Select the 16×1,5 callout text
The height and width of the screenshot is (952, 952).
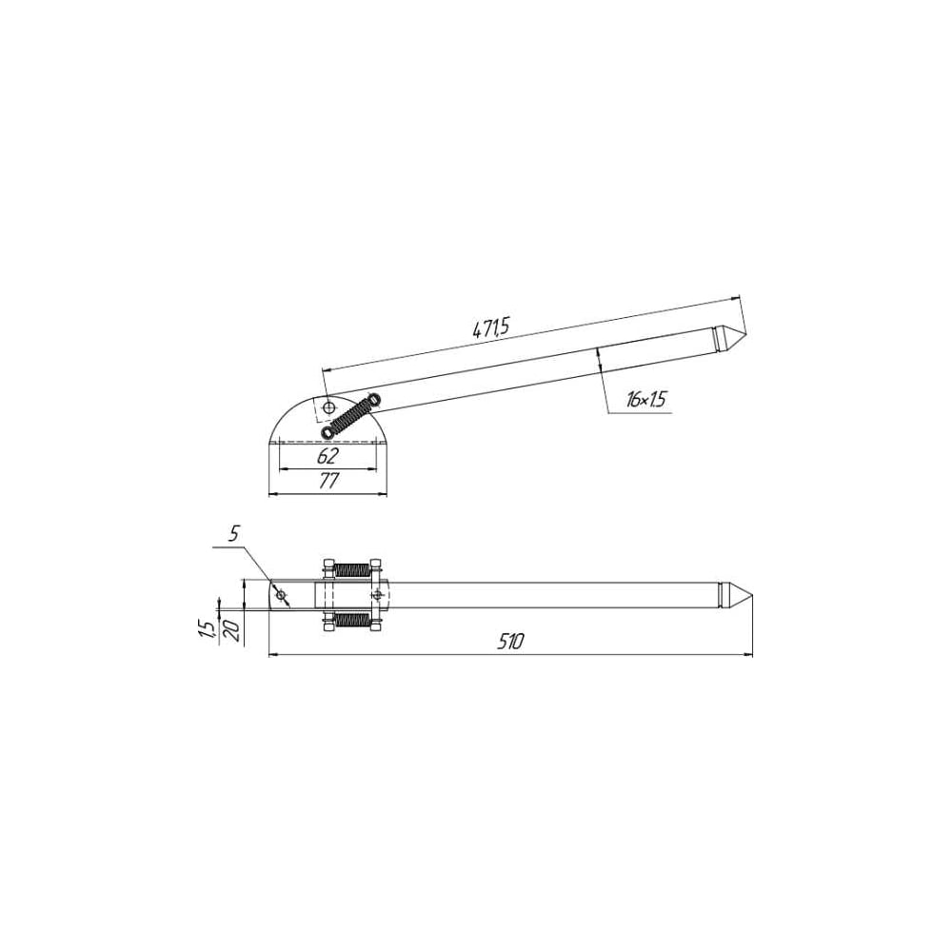(x=646, y=399)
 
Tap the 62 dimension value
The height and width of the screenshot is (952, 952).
(x=327, y=456)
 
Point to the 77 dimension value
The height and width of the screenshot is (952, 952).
(x=327, y=482)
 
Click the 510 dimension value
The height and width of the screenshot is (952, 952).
(x=510, y=641)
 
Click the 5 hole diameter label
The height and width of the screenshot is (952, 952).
(x=234, y=534)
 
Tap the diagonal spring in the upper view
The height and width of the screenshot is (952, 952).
(x=351, y=415)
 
